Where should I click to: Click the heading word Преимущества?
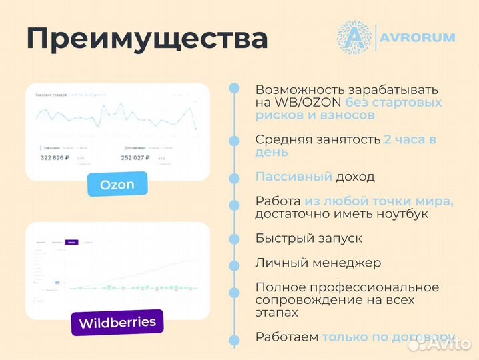147,39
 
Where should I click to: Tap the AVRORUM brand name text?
418,37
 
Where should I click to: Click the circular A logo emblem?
354,37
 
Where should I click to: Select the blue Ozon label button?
117,184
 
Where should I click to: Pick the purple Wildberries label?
117,323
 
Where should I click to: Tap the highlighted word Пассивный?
294,177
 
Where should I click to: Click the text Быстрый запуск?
310,238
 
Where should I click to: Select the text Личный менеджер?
318,263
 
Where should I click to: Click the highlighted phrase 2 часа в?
410,139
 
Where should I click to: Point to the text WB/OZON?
307,103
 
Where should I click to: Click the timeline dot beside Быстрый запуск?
234,239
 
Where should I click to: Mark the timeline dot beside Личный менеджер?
234,263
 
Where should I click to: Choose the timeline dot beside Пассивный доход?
234,178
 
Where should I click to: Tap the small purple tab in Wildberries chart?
71,243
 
